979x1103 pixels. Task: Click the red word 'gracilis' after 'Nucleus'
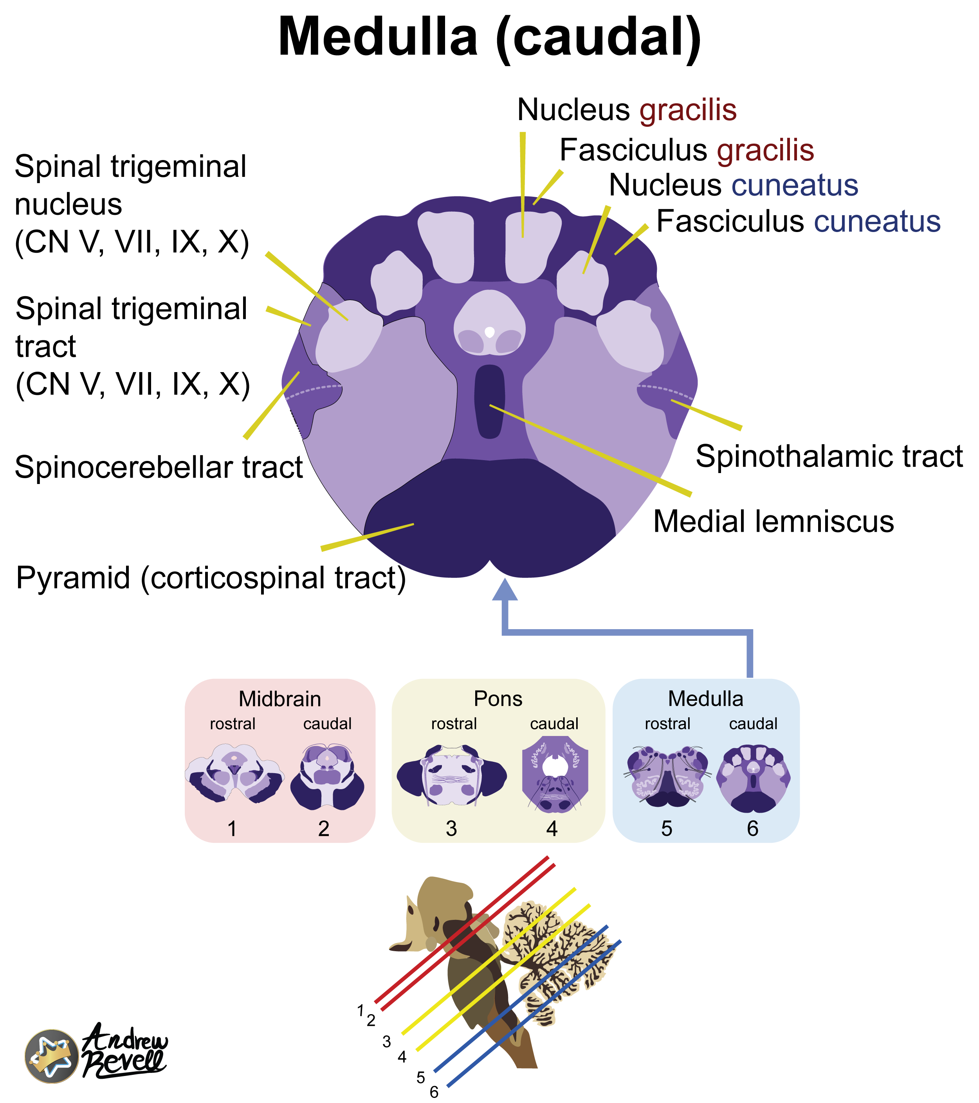(688, 110)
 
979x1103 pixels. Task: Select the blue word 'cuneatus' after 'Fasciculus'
(877, 221)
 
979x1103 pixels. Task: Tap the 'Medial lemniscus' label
(773, 522)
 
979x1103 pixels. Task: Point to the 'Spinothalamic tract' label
(829, 457)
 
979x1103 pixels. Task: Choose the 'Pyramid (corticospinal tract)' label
(211, 578)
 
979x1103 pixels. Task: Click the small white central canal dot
(489, 331)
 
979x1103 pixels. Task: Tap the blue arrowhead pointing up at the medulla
(505, 590)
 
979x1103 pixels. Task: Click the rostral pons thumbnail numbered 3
(451, 776)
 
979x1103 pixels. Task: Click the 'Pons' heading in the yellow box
(498, 699)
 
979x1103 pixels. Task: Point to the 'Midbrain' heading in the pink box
(280, 699)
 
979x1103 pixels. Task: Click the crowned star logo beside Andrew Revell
(51, 1056)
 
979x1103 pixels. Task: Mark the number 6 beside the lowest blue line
(434, 1092)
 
